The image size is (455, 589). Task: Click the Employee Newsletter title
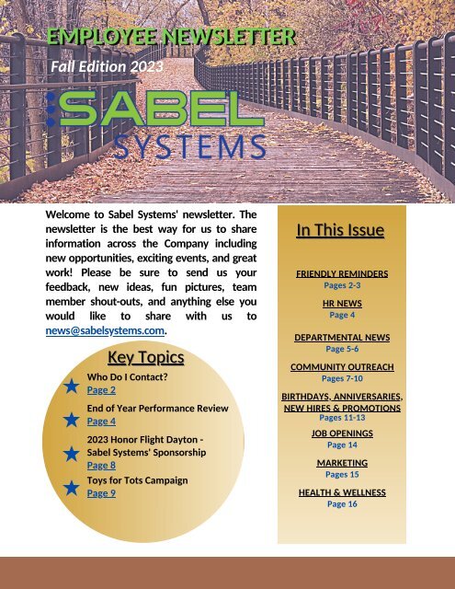click(172, 38)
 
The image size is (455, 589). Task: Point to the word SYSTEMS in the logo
click(190, 146)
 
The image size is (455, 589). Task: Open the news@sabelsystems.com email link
click(106, 330)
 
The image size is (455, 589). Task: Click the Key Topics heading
click(145, 357)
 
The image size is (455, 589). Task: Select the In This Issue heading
click(340, 230)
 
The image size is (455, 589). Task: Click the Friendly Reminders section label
click(341, 274)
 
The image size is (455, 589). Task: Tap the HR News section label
click(341, 302)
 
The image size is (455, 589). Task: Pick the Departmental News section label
click(341, 338)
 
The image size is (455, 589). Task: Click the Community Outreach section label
click(342, 366)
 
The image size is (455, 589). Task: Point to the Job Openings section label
click(341, 433)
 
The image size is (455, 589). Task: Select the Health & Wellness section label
click(342, 492)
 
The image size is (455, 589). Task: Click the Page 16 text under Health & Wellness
click(342, 504)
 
